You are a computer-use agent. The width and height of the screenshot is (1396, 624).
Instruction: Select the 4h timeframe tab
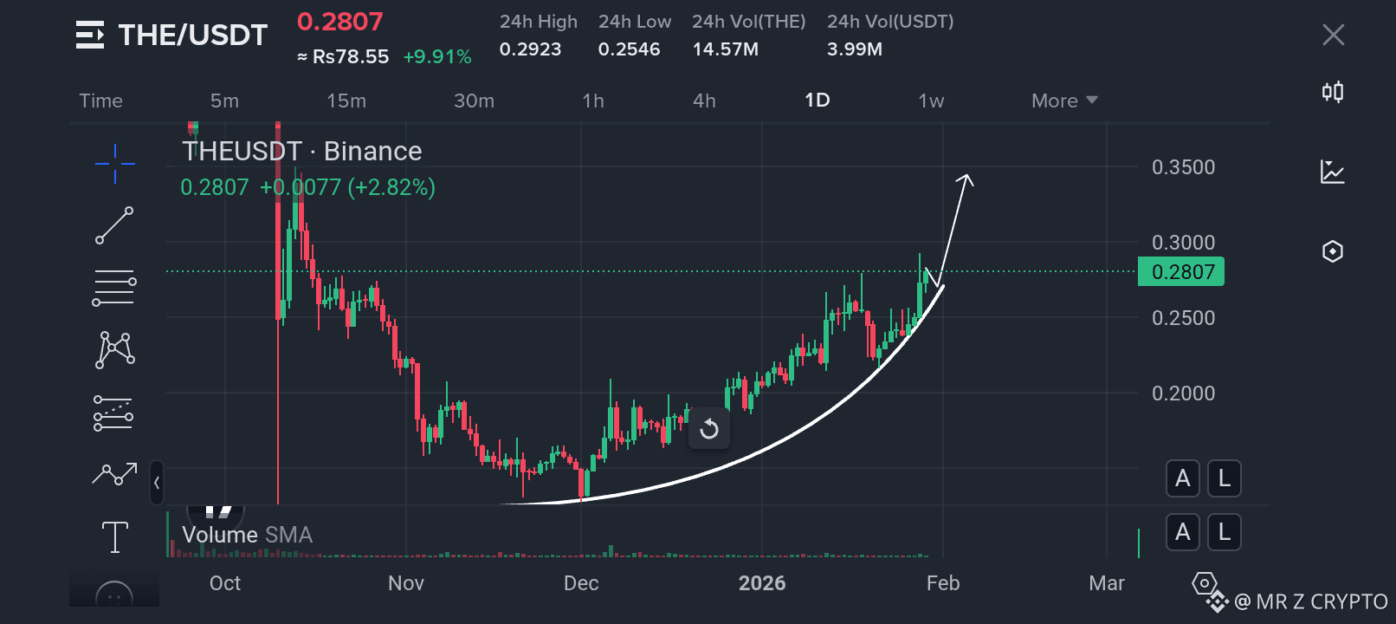(x=704, y=101)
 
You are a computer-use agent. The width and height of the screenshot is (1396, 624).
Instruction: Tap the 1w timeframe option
(x=931, y=101)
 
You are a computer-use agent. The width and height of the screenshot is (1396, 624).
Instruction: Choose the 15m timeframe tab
(x=346, y=101)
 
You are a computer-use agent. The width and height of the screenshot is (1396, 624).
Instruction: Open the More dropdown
(x=1064, y=101)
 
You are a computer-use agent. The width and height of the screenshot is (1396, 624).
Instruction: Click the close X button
(x=1333, y=35)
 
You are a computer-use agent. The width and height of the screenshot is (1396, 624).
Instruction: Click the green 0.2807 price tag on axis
(x=1181, y=271)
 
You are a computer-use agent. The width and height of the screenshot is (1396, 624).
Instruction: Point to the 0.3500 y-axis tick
(x=1184, y=167)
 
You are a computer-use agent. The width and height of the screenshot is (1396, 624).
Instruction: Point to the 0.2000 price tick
(x=1184, y=393)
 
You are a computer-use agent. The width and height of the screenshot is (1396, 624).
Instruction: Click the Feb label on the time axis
(x=943, y=582)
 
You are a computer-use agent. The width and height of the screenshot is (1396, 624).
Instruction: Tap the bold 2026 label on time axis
(x=761, y=582)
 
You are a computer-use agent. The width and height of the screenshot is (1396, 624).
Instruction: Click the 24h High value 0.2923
(x=530, y=49)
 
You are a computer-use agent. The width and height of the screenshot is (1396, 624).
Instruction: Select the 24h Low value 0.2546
(x=629, y=49)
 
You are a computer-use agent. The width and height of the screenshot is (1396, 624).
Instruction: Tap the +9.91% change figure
(x=437, y=57)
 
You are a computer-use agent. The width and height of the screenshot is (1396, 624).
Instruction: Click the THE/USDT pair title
(x=193, y=35)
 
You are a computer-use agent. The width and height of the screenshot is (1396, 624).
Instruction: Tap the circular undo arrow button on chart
(x=709, y=429)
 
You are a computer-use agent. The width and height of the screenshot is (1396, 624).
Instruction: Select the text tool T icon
(x=115, y=537)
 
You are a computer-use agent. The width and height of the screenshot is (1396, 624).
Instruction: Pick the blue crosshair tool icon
(x=114, y=164)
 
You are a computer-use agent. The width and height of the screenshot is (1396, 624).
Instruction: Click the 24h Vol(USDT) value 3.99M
(x=855, y=49)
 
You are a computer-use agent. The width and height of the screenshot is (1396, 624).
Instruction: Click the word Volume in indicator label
(x=220, y=535)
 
